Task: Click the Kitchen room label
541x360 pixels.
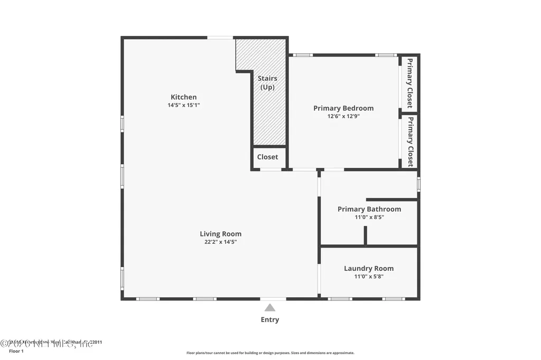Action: [x=183, y=97]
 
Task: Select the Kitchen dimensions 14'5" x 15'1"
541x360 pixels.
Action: [x=183, y=105]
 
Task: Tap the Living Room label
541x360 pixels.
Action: [x=220, y=234]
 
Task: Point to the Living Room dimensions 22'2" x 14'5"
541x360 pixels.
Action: [x=220, y=242]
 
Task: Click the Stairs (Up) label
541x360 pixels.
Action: [x=267, y=83]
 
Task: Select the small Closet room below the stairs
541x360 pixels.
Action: [x=268, y=157]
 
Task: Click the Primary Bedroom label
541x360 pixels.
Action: [x=343, y=108]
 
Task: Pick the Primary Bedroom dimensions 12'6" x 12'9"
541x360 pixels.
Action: [x=343, y=117]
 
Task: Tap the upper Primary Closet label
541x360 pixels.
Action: [x=409, y=83]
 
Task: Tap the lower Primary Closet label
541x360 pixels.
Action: [x=409, y=141]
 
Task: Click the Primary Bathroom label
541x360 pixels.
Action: [x=369, y=209]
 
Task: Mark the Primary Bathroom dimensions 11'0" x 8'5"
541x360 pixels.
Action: [x=369, y=217]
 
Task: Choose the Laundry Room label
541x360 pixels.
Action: [x=369, y=268]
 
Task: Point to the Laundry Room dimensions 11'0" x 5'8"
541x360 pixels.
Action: [x=369, y=277]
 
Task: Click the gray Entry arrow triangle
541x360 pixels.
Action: [x=270, y=308]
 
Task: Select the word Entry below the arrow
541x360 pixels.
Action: [x=270, y=319]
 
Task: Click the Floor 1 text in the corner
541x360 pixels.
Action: [x=16, y=351]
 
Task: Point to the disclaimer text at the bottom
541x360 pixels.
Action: [x=270, y=353]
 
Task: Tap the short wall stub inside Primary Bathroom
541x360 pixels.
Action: [x=365, y=235]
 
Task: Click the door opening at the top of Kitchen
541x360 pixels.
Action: [x=220, y=37]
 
